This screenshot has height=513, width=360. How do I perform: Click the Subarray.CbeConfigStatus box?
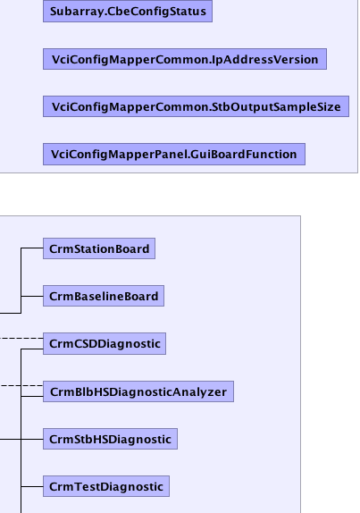click(128, 11)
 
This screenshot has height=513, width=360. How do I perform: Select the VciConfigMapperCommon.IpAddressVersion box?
click(185, 59)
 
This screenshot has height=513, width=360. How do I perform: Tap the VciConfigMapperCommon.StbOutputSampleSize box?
click(196, 106)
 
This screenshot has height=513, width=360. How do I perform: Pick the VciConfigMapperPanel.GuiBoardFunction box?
click(174, 154)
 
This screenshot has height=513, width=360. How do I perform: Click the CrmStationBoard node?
click(99, 248)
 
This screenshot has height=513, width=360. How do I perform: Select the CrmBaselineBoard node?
click(104, 296)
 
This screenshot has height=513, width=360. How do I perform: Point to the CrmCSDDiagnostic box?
click(105, 343)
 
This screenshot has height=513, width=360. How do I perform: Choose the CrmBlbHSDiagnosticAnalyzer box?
click(138, 391)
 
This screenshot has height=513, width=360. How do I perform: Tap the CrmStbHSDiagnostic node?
click(110, 439)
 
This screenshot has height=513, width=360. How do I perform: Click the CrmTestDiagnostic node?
click(106, 486)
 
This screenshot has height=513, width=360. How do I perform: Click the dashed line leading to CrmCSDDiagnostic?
click(21, 338)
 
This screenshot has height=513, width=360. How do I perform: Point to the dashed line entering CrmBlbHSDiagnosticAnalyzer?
click(21, 386)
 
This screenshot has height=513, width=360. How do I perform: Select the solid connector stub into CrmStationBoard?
click(32, 248)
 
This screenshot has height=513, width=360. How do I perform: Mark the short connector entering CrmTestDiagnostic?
click(32, 486)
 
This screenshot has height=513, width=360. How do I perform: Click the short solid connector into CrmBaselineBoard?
click(32, 296)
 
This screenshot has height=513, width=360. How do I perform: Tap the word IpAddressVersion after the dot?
click(264, 60)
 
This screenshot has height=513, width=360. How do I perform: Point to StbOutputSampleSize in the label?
click(276, 107)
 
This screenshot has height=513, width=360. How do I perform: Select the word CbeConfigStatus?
click(156, 12)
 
